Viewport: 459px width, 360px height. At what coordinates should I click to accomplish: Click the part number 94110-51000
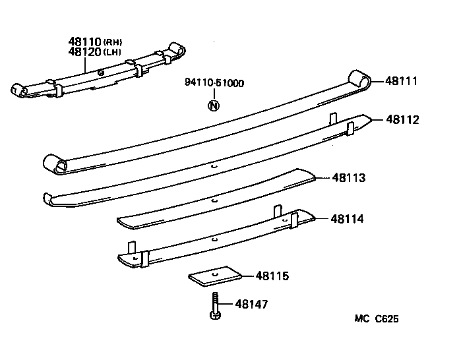[214, 83]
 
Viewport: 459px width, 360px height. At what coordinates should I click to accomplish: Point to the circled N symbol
[213, 105]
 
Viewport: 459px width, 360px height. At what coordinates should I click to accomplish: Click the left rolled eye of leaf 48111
[54, 164]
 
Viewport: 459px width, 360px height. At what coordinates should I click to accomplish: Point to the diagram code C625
[386, 319]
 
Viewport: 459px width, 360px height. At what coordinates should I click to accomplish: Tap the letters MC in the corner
[361, 319]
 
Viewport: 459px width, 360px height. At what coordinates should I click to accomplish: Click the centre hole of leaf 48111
[213, 167]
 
